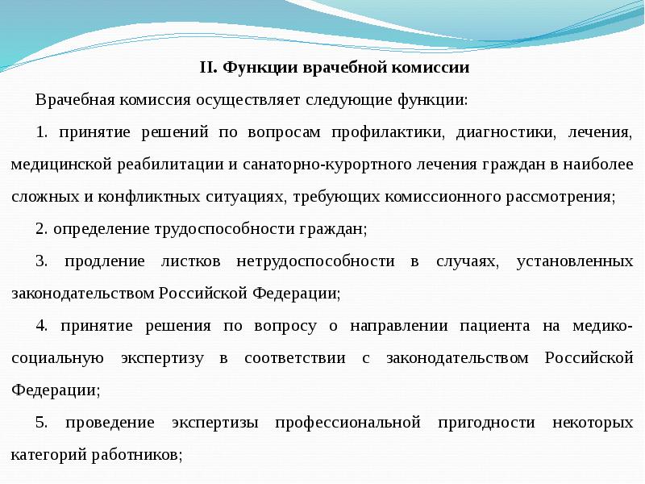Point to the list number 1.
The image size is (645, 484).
41,131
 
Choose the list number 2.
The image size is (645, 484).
41,228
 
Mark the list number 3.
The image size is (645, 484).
41,261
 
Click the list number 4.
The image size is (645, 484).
41,325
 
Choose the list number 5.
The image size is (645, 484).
41,422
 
